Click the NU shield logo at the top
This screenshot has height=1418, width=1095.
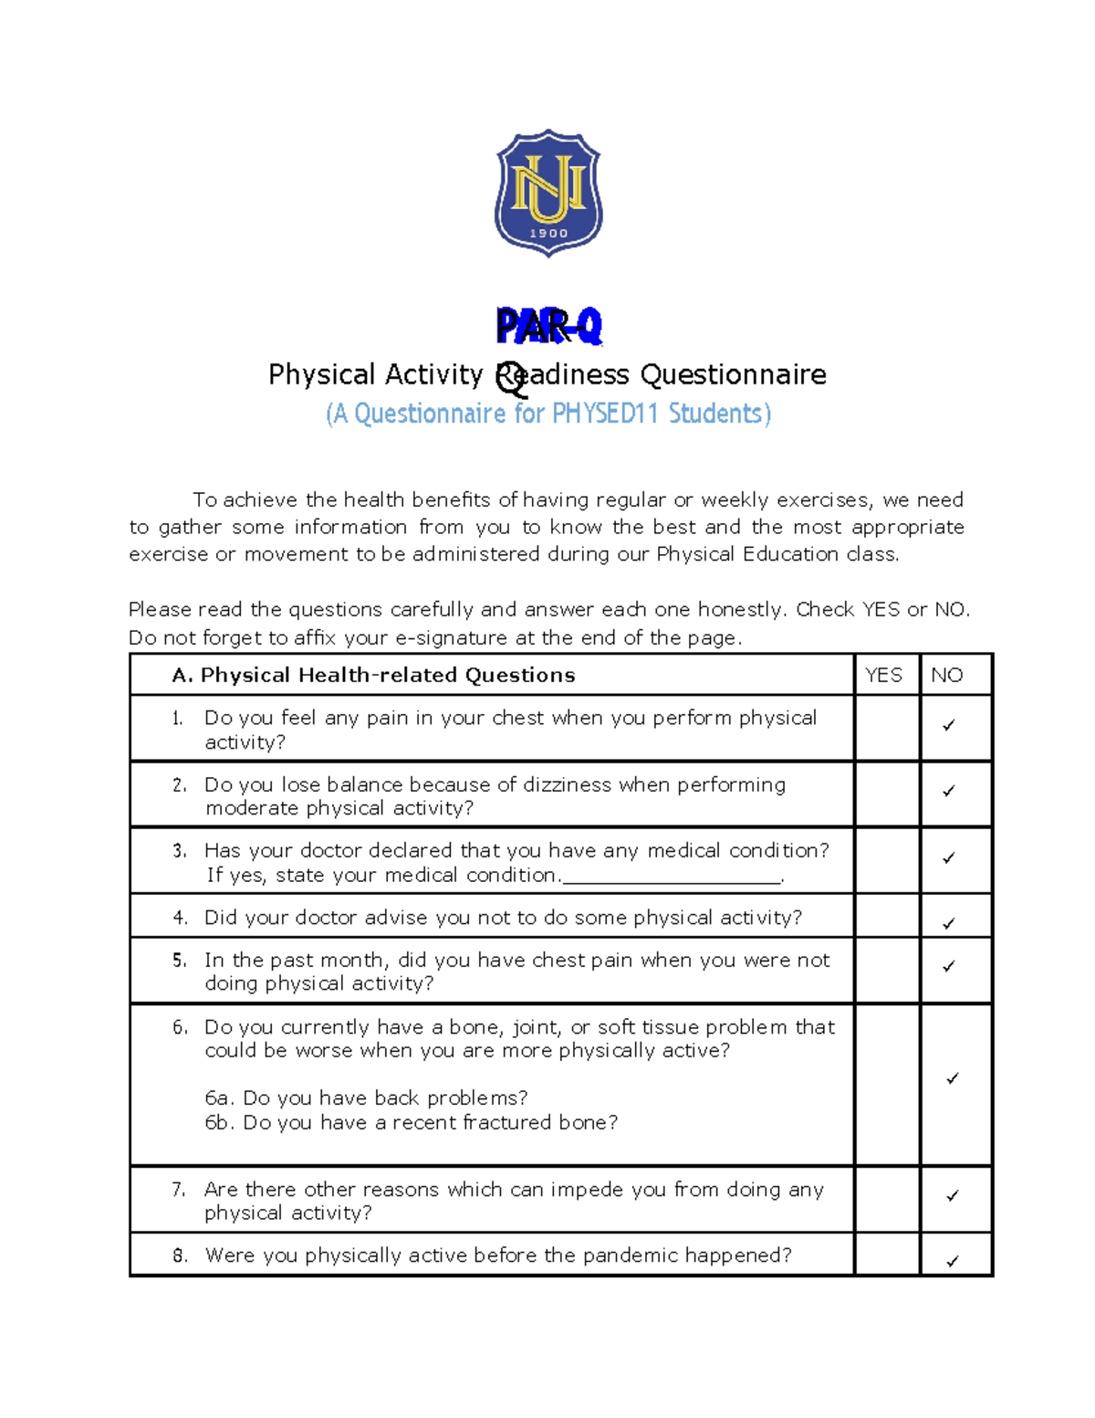548,193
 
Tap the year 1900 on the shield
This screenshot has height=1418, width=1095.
548,234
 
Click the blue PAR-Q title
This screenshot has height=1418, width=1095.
548,326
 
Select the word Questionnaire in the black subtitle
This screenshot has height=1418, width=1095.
733,374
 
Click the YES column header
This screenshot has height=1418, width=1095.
883,675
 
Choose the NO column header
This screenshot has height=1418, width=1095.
947,675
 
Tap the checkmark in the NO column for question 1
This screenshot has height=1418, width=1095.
949,725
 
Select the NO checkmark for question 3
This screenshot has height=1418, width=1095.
949,857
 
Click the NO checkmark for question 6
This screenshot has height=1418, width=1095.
953,1078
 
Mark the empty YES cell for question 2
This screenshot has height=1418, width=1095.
887,794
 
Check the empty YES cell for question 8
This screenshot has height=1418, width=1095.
887,1255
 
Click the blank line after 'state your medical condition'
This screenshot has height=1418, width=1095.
673,877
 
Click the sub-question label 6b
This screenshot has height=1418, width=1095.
219,1122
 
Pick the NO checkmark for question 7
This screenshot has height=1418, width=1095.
953,1195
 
